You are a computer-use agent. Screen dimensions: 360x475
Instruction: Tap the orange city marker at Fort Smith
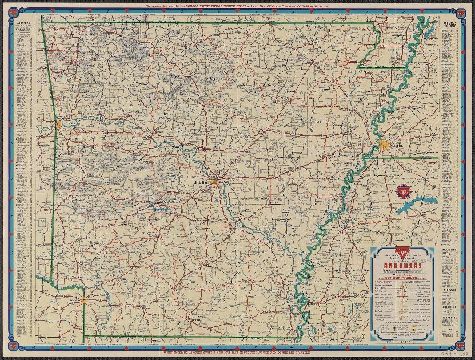point(58,123)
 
